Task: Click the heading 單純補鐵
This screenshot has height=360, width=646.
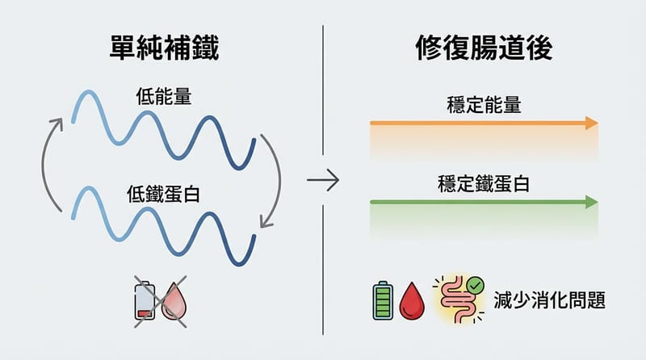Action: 162,51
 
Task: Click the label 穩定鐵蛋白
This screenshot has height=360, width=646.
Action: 482,183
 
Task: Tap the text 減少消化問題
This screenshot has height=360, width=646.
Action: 549,300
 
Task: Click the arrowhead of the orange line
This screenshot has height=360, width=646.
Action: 592,123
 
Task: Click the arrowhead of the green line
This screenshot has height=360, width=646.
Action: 592,202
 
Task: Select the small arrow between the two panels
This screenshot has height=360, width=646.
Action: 323,180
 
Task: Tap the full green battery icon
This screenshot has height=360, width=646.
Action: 382,301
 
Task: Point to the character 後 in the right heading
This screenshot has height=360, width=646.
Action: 535,51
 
